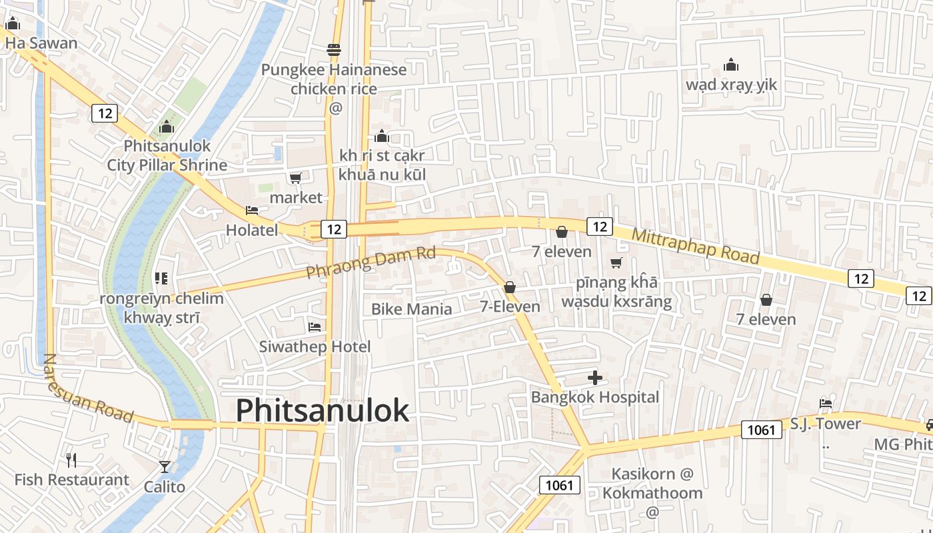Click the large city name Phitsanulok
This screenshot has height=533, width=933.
coord(323,410)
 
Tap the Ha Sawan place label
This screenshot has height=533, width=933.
coord(41,43)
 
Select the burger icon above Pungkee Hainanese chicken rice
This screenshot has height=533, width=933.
coord(334,50)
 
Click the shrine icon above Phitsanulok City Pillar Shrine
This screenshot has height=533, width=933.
coord(166,127)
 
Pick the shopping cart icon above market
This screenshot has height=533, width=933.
coord(295,178)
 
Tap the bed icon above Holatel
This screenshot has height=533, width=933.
coord(252,211)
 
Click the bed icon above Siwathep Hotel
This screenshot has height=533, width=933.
coord(315,326)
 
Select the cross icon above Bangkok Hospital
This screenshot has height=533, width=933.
coord(595,378)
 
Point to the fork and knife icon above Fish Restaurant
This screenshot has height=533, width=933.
coord(71,460)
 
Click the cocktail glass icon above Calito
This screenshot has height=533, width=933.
coord(165,466)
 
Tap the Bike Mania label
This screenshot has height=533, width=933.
coord(411,309)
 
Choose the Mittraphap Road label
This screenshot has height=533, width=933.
coord(695,246)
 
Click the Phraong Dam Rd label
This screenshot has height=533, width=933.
coord(371,263)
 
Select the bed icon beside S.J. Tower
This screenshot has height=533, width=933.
coord(826,403)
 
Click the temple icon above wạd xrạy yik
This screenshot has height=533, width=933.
coord(731,65)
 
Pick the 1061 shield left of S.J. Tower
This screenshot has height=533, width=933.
coord(761,430)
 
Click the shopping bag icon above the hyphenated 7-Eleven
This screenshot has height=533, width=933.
coord(510,287)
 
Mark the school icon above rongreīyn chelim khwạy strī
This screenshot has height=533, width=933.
coord(161,278)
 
